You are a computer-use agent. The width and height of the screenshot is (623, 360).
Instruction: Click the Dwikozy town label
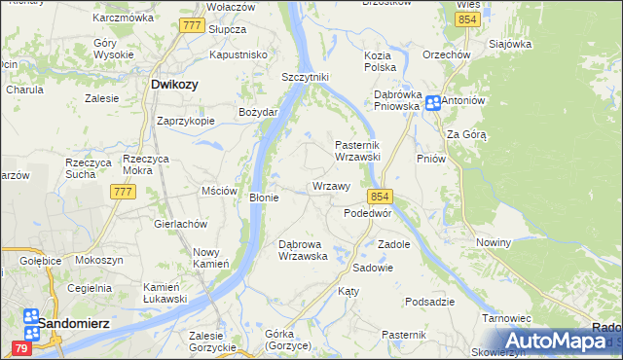click(x=175, y=85)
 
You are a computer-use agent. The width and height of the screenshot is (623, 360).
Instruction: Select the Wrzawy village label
click(x=331, y=186)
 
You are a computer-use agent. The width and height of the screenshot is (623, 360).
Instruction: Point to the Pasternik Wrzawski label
click(x=363, y=150)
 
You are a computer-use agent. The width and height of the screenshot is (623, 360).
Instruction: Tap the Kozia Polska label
click(x=380, y=61)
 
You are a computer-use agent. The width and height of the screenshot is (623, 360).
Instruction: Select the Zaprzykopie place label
click(x=185, y=122)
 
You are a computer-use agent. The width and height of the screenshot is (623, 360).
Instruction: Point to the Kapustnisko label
click(x=238, y=55)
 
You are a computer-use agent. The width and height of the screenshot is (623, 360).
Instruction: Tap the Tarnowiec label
click(x=506, y=318)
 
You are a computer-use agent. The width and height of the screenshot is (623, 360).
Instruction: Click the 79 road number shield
click(x=22, y=347)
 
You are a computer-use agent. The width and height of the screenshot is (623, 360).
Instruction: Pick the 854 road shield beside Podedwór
click(x=380, y=196)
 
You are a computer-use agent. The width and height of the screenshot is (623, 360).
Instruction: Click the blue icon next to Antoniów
click(x=431, y=101)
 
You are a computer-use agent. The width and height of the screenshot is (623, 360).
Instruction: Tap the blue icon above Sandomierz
click(x=31, y=317)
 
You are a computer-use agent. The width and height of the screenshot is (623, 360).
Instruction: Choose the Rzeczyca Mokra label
click(x=148, y=163)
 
